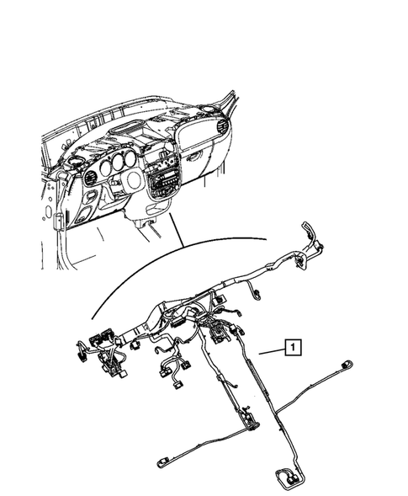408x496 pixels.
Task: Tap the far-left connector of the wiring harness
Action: [x=82, y=348]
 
